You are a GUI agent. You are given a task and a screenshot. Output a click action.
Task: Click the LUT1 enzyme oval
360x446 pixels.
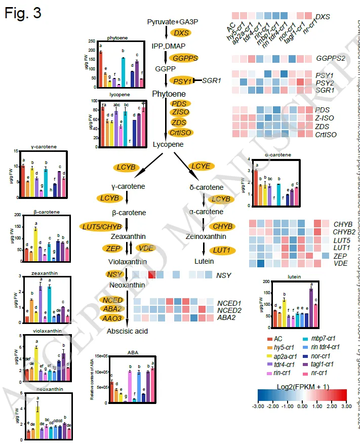point(218,249)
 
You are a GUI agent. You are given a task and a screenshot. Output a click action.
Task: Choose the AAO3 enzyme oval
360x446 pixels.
point(111,318)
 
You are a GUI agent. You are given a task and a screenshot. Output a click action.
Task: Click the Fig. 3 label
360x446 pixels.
point(23,13)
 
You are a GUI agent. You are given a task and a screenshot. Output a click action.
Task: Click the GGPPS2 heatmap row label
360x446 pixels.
point(330,58)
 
